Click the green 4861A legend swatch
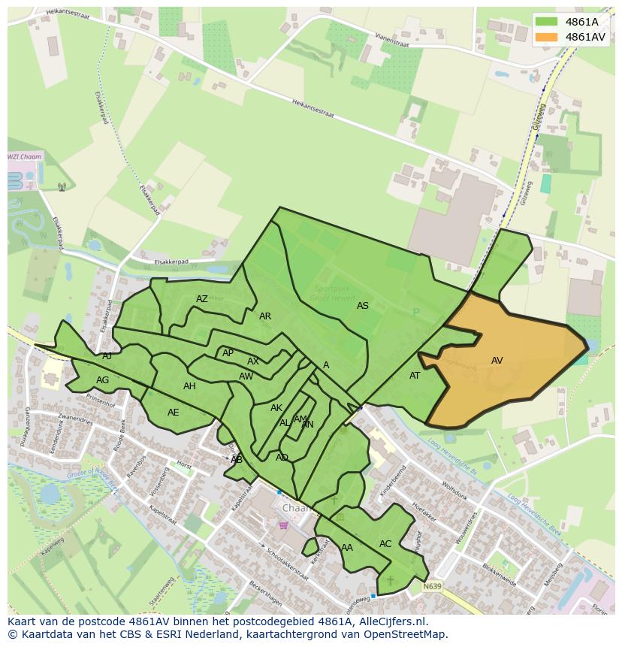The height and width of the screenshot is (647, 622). (547, 22)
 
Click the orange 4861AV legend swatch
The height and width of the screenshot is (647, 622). (547, 37)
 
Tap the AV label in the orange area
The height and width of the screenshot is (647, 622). (497, 361)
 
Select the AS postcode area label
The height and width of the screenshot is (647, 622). (363, 306)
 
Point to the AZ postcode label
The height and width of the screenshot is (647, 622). (202, 299)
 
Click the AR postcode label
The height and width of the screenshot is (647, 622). (265, 316)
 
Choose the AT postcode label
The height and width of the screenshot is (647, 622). (415, 376)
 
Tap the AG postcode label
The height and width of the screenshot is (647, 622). (103, 380)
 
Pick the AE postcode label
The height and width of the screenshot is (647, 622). (174, 413)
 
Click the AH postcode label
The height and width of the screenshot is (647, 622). (189, 386)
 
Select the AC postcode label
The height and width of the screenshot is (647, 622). (385, 544)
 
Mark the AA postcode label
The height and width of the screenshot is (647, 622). (347, 548)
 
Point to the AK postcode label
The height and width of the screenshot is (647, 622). (276, 408)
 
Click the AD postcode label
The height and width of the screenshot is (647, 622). (282, 458)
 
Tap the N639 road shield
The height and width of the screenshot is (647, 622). (432, 586)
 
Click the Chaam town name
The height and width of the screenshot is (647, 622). (296, 508)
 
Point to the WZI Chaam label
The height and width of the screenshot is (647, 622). (25, 157)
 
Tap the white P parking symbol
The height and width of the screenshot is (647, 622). (416, 313)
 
